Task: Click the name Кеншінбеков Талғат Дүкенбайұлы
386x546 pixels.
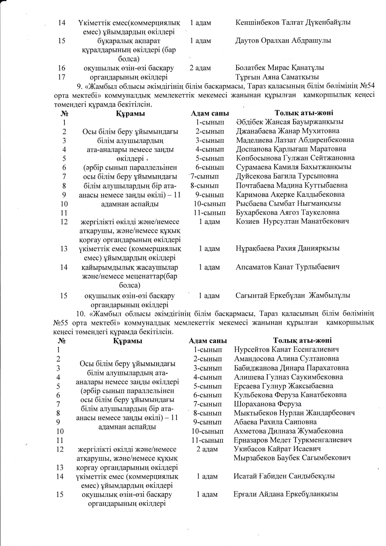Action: click(x=293, y=22)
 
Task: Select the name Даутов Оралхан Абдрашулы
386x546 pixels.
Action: click(x=283, y=40)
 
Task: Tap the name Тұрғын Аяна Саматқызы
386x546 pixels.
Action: click(x=277, y=77)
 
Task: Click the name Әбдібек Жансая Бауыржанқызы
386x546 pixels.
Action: click(x=289, y=122)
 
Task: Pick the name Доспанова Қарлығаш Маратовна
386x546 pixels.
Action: click(x=291, y=149)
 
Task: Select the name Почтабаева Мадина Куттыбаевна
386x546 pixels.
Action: click(x=292, y=186)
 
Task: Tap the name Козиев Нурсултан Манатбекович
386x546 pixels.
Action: click(x=292, y=221)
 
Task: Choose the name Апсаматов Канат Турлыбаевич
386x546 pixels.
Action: click(x=287, y=267)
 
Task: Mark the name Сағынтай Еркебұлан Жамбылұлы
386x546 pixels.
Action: click(x=293, y=295)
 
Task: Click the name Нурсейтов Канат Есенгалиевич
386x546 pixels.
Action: click(x=286, y=350)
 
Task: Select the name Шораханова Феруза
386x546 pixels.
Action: click(x=267, y=404)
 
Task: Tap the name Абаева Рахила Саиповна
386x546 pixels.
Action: click(x=275, y=422)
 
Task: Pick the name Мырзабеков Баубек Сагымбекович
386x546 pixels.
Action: click(x=292, y=458)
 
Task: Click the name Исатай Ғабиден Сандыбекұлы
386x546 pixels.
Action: click(x=284, y=476)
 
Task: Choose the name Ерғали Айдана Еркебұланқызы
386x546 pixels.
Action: click(x=285, y=494)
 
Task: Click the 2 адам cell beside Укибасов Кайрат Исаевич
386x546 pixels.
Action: click(x=207, y=449)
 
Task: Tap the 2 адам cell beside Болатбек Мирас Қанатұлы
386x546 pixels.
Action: click(x=200, y=68)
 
